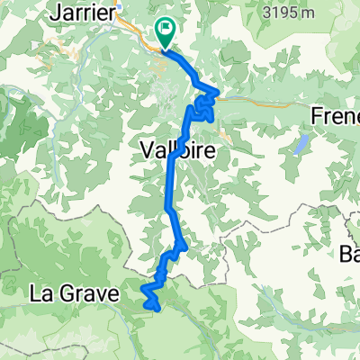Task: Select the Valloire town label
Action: [x=178, y=152]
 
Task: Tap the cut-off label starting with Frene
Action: [x=335, y=116]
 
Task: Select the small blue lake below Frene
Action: [x=302, y=144]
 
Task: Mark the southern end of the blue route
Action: [x=158, y=308]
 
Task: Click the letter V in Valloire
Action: [x=148, y=152]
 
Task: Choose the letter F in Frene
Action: [x=317, y=116]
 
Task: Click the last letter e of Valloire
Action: [x=210, y=152]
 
